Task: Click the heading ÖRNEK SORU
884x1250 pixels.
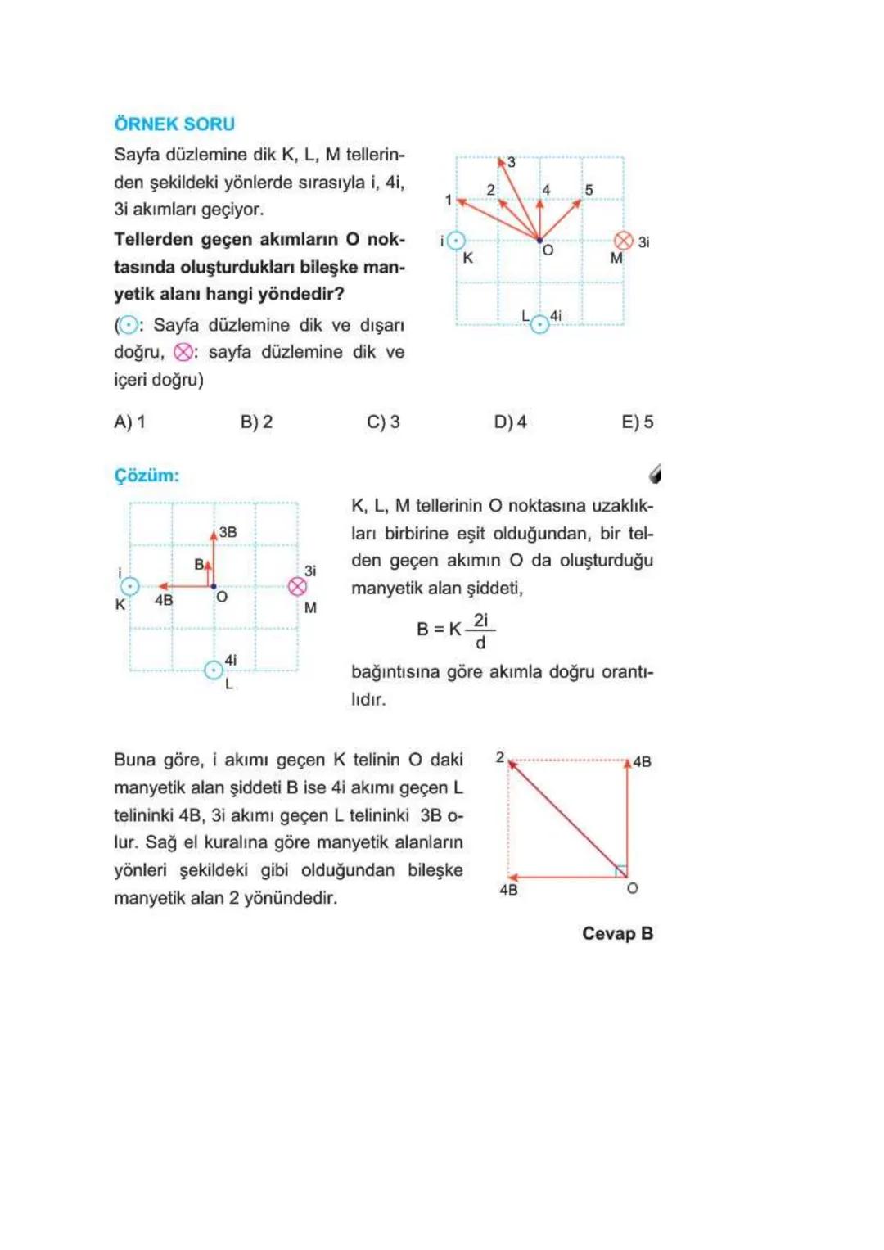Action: [174, 124]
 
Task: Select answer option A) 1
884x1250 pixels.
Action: [129, 422]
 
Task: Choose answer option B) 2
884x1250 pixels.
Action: [256, 422]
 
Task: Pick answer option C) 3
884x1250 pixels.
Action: [383, 422]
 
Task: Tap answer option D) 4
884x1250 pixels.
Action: [510, 422]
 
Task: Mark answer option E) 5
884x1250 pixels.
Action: [637, 422]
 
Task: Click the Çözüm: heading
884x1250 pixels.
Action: [147, 476]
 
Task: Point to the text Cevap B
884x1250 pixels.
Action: [617, 934]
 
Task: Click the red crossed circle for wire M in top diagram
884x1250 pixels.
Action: [623, 241]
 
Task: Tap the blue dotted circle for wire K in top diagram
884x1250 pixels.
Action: [457, 241]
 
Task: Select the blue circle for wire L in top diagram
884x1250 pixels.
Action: [539, 325]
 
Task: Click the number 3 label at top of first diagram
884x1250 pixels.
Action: [512, 162]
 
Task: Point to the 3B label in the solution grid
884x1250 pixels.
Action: [228, 532]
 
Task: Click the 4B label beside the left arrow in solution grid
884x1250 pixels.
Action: [164, 600]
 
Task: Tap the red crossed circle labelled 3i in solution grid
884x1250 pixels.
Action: [298, 587]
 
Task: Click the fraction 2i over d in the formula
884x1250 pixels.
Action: [480, 631]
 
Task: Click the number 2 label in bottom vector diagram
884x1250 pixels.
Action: [499, 758]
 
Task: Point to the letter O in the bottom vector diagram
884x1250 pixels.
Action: [632, 889]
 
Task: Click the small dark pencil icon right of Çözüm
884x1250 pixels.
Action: [655, 474]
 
